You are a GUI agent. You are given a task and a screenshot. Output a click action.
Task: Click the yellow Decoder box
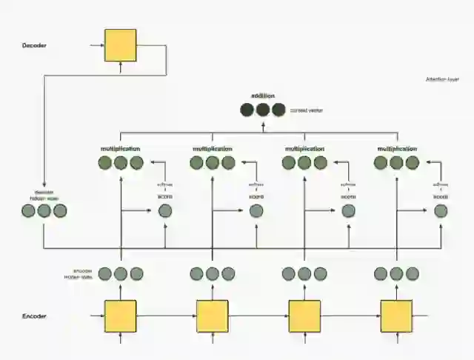point(120,45)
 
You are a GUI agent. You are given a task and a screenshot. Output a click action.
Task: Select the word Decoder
point(34,46)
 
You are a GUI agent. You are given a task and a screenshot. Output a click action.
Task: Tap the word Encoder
point(34,316)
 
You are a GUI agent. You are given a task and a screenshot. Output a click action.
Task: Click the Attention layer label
point(442,79)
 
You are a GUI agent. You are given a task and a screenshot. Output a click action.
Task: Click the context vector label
point(306,110)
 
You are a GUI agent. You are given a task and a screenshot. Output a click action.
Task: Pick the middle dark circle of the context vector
point(263,110)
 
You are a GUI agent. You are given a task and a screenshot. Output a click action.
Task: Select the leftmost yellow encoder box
point(120,316)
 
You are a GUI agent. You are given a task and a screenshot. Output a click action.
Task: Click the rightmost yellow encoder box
point(396,316)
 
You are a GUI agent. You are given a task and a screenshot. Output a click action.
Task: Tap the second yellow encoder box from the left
point(213,316)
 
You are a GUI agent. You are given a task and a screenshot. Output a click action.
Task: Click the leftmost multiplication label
point(121,149)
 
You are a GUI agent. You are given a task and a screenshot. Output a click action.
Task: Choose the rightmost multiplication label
point(397,149)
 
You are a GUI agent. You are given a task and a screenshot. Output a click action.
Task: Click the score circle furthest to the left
point(164,211)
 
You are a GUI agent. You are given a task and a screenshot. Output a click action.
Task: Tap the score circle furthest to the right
point(441,211)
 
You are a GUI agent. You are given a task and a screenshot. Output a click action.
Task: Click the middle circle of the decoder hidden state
point(44,211)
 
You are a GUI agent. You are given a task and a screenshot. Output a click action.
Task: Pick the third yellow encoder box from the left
point(304,316)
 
